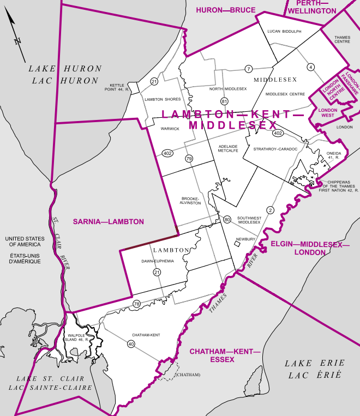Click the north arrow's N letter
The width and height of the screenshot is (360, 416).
tap(18, 40)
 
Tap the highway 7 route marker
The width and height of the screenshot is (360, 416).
tap(248, 69)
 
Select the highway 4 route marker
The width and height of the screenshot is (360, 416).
tap(310, 67)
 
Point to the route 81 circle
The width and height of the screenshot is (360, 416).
tap(224, 101)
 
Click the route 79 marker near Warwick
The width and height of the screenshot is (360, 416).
tap(189, 159)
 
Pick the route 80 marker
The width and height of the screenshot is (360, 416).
tap(227, 219)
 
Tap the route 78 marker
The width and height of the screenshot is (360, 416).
tap(136, 304)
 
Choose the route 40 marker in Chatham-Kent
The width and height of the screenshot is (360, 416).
tap(131, 344)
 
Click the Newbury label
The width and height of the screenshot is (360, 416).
tap(246, 239)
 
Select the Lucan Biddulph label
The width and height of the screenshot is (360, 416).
tap(284, 32)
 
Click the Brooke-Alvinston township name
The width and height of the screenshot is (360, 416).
tap(191, 200)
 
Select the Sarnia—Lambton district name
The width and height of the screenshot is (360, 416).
tap(109, 222)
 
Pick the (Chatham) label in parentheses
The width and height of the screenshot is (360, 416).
tap(187, 375)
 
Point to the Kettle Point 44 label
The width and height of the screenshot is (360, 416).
tap(119, 87)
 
